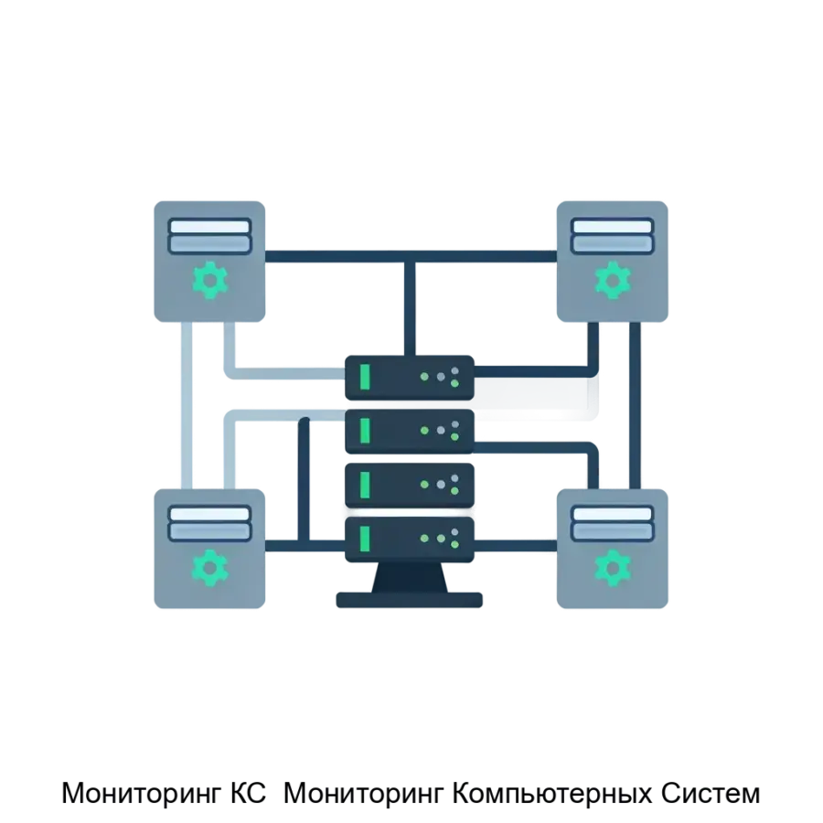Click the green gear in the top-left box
[x=210, y=280]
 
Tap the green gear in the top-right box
[x=613, y=280]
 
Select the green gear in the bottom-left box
[x=210, y=567]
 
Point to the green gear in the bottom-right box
[x=613, y=567]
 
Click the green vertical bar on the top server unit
[x=365, y=377]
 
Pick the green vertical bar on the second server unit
[x=365, y=429]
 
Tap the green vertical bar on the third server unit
[x=365, y=483]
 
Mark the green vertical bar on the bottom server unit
[x=365, y=537]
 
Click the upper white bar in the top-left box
[x=209, y=226]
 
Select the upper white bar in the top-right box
[x=612, y=226]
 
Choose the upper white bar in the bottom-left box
[x=209, y=513]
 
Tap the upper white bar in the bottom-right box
[x=612, y=513]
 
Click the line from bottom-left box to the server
[x=302, y=546]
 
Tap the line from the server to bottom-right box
[x=517, y=546]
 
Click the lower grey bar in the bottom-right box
[x=612, y=530]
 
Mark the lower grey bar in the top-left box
[x=209, y=244]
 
